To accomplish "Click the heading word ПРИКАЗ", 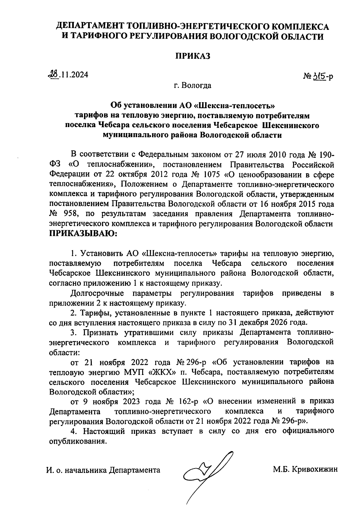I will pos(192,56).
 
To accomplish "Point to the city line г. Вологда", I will pos(192,85).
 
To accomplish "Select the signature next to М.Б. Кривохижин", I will pos(207,474).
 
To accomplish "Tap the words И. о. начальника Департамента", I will pos(103,470).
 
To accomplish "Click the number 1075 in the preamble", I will pos(212,174).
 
